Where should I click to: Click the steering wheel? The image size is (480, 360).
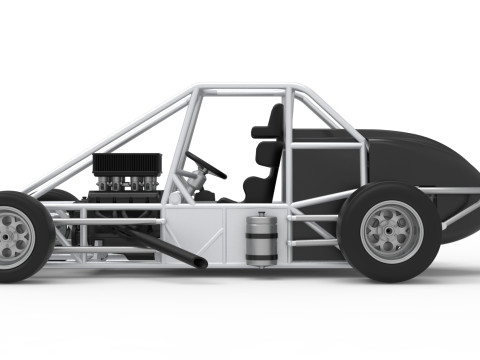click(x=205, y=165)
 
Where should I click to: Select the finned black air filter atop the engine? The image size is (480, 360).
click(x=127, y=164)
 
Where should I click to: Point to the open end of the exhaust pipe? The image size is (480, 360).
click(x=201, y=264)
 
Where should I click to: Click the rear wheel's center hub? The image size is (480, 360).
click(x=389, y=233)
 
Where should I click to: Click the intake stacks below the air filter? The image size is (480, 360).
click(x=127, y=182)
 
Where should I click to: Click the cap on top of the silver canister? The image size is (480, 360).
click(x=262, y=215)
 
